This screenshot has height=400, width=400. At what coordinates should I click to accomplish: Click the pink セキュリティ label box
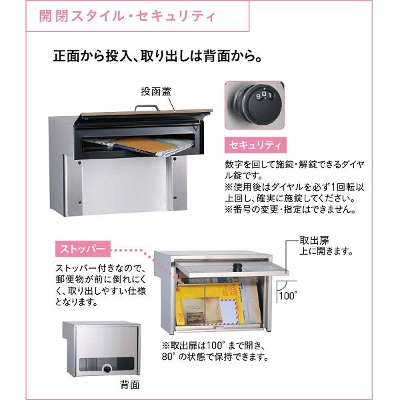click(x=255, y=145)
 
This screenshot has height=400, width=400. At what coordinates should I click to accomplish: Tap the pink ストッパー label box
click(x=83, y=249)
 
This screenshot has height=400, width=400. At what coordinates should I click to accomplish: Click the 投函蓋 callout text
click(x=156, y=91)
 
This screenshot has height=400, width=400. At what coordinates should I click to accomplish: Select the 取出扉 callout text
click(x=314, y=240)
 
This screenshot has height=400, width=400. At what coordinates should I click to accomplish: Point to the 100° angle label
click(x=288, y=296)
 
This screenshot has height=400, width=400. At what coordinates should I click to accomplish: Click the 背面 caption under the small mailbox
click(x=130, y=385)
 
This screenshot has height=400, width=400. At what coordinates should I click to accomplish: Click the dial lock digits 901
click(x=264, y=95)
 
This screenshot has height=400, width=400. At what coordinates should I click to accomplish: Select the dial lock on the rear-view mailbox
click(x=107, y=368)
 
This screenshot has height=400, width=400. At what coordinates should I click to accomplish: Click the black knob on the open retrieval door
click(x=237, y=267)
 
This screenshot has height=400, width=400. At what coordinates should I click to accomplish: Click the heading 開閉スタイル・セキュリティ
click(x=127, y=17)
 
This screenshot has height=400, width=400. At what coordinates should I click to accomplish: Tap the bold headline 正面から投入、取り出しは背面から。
click(x=157, y=56)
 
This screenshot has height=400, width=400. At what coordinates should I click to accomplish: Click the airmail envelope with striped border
click(x=229, y=312)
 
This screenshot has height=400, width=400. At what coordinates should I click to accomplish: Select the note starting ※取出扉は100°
click(x=215, y=351)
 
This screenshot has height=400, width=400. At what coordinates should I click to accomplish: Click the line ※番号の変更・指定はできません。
click(x=290, y=209)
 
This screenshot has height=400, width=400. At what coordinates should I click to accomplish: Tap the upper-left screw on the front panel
click(x=80, y=163)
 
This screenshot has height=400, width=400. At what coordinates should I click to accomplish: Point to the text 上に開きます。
click(x=326, y=251)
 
